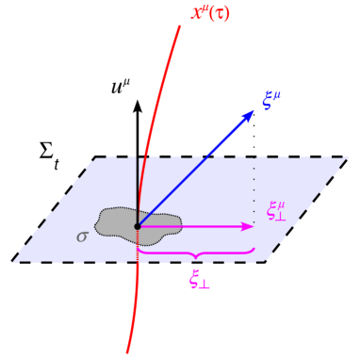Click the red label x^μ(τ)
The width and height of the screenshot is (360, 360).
click(210, 14)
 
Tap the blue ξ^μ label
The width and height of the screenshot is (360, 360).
click(272, 99)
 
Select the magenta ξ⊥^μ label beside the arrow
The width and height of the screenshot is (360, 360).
click(277, 210)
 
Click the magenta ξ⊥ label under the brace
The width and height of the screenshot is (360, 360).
click(200, 278)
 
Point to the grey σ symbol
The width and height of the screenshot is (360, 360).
click(82, 237)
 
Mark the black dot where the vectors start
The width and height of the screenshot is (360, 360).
click(138, 226)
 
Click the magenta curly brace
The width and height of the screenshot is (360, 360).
click(196, 253)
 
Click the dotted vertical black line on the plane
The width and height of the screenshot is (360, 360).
click(254, 188)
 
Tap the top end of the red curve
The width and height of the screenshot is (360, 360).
click(179, 25)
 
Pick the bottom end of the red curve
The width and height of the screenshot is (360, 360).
click(127, 352)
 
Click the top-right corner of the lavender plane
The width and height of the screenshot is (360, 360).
click(348, 157)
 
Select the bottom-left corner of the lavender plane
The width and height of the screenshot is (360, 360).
click(12, 261)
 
